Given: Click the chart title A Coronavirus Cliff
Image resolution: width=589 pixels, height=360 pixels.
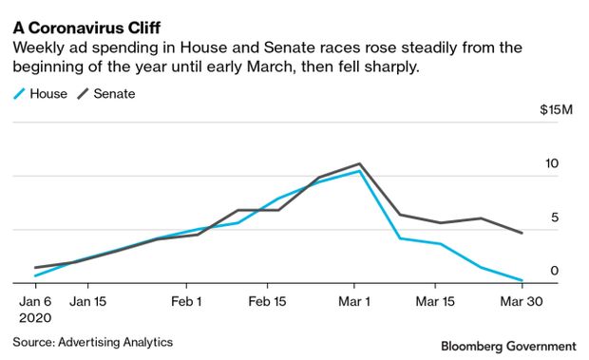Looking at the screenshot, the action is coord(86,28).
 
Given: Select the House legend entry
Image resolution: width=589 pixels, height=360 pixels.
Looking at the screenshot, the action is coord(40,93).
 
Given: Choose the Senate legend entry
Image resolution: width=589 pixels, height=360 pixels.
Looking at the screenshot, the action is coord(106,93).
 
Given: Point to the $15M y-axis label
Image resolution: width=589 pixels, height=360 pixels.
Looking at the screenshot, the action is coord(556,109).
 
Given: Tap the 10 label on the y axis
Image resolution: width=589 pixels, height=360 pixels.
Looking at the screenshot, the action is coord(552,163).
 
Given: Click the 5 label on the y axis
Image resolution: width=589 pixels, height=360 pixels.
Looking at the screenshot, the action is coord(555,217).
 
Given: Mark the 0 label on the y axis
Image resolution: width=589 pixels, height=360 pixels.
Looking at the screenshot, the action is coord(555,271).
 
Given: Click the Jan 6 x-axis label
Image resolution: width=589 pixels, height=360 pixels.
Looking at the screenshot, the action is coord(35,301).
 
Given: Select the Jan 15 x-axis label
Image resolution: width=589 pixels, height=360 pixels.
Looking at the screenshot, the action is coord(88,301).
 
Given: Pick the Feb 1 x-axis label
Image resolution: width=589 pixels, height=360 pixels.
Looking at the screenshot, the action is coord(186,301).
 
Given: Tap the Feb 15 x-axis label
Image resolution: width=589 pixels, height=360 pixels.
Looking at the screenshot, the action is coord(267,301).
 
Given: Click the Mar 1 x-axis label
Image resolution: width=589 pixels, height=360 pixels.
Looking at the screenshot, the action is coord(354,301).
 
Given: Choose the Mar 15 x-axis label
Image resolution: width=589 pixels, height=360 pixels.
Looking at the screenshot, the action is coord(435,301).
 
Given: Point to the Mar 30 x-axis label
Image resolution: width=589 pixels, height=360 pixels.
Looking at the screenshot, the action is coord(522,301).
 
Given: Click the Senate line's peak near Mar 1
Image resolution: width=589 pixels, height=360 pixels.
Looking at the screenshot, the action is coord(359,163).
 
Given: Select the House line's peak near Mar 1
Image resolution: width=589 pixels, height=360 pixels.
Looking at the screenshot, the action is coord(359,171).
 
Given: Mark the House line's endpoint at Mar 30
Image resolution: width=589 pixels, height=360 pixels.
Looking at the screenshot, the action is coord(522,280).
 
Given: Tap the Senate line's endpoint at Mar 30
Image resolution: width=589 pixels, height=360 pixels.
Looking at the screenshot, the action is coord(522,233).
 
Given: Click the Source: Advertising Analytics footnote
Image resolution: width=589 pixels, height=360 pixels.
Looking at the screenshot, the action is coord(93,342).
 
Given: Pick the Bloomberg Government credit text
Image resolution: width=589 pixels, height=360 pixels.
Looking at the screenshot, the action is coord(508,346).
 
